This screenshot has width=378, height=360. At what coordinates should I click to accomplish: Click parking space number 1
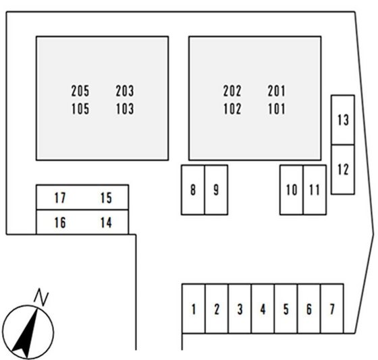(194, 309)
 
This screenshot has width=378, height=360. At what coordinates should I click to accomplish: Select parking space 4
(263, 309)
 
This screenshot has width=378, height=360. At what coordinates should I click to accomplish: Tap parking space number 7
(332, 309)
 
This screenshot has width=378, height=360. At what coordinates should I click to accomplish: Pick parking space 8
(193, 189)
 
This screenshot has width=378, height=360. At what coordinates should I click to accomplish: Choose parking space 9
(216, 189)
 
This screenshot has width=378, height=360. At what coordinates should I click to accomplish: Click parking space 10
(292, 189)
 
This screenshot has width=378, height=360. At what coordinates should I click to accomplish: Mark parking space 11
(315, 189)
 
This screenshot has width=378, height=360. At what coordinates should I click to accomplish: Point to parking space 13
(343, 120)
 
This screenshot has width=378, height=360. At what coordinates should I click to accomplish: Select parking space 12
(343, 169)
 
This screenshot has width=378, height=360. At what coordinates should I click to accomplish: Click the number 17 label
(60, 198)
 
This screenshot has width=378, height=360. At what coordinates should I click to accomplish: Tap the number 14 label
(106, 222)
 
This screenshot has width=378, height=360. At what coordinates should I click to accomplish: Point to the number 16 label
(60, 222)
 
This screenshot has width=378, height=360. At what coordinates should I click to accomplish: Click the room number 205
(80, 91)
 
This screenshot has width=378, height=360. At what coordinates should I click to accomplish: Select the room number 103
(125, 109)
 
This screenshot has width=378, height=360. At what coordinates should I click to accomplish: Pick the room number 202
(232, 91)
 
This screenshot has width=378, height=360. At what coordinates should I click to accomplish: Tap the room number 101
(277, 109)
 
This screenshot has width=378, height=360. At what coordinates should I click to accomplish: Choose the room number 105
(80, 109)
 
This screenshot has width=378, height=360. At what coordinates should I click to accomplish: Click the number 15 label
(106, 198)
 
